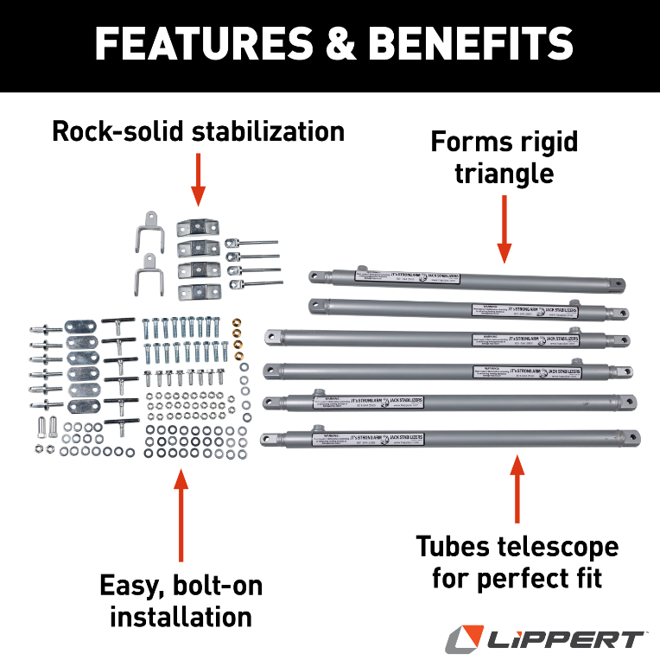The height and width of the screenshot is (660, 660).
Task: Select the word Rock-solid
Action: pyautogui.click(x=117, y=132)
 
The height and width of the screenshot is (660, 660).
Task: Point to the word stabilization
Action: pyautogui.click(x=268, y=132)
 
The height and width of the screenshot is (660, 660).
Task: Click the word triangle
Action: pyautogui.click(x=505, y=173)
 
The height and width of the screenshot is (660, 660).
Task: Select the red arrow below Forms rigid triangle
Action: pyautogui.click(x=505, y=229)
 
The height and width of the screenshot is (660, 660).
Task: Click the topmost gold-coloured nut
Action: pyautogui.click(x=238, y=325)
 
